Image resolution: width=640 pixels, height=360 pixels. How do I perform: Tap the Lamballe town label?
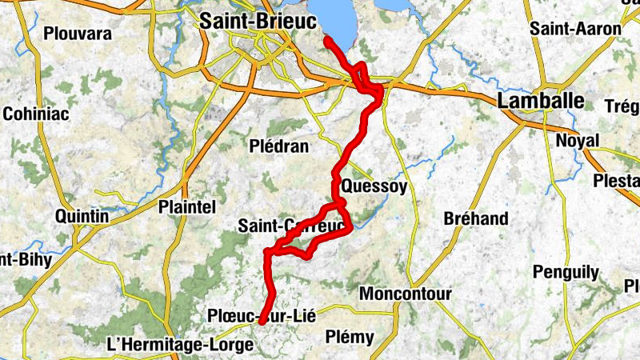(x=541, y=102)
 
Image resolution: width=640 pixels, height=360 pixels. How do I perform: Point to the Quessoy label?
(x=374, y=186)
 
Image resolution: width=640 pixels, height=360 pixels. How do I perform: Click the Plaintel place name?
(x=188, y=206)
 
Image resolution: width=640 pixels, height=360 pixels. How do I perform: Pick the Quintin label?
(x=82, y=216)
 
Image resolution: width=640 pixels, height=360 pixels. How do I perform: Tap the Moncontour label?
(x=405, y=294)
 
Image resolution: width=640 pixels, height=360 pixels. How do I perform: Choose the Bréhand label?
(x=476, y=218)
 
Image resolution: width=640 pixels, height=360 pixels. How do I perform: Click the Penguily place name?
(x=566, y=272)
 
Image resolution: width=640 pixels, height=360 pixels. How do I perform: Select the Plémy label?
(x=350, y=337)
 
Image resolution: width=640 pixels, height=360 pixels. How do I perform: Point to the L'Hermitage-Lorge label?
(x=179, y=345)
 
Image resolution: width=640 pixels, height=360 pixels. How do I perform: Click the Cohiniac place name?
(x=36, y=114)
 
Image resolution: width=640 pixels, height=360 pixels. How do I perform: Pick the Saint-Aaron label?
(x=575, y=29)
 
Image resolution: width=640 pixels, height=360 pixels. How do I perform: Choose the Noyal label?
(x=577, y=140)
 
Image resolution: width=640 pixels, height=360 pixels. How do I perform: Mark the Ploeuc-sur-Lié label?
(x=261, y=315)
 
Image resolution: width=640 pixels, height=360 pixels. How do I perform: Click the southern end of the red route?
(x=262, y=322)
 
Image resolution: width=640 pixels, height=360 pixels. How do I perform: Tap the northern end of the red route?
(x=327, y=38)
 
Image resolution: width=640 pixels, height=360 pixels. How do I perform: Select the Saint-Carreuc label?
(x=291, y=226)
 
